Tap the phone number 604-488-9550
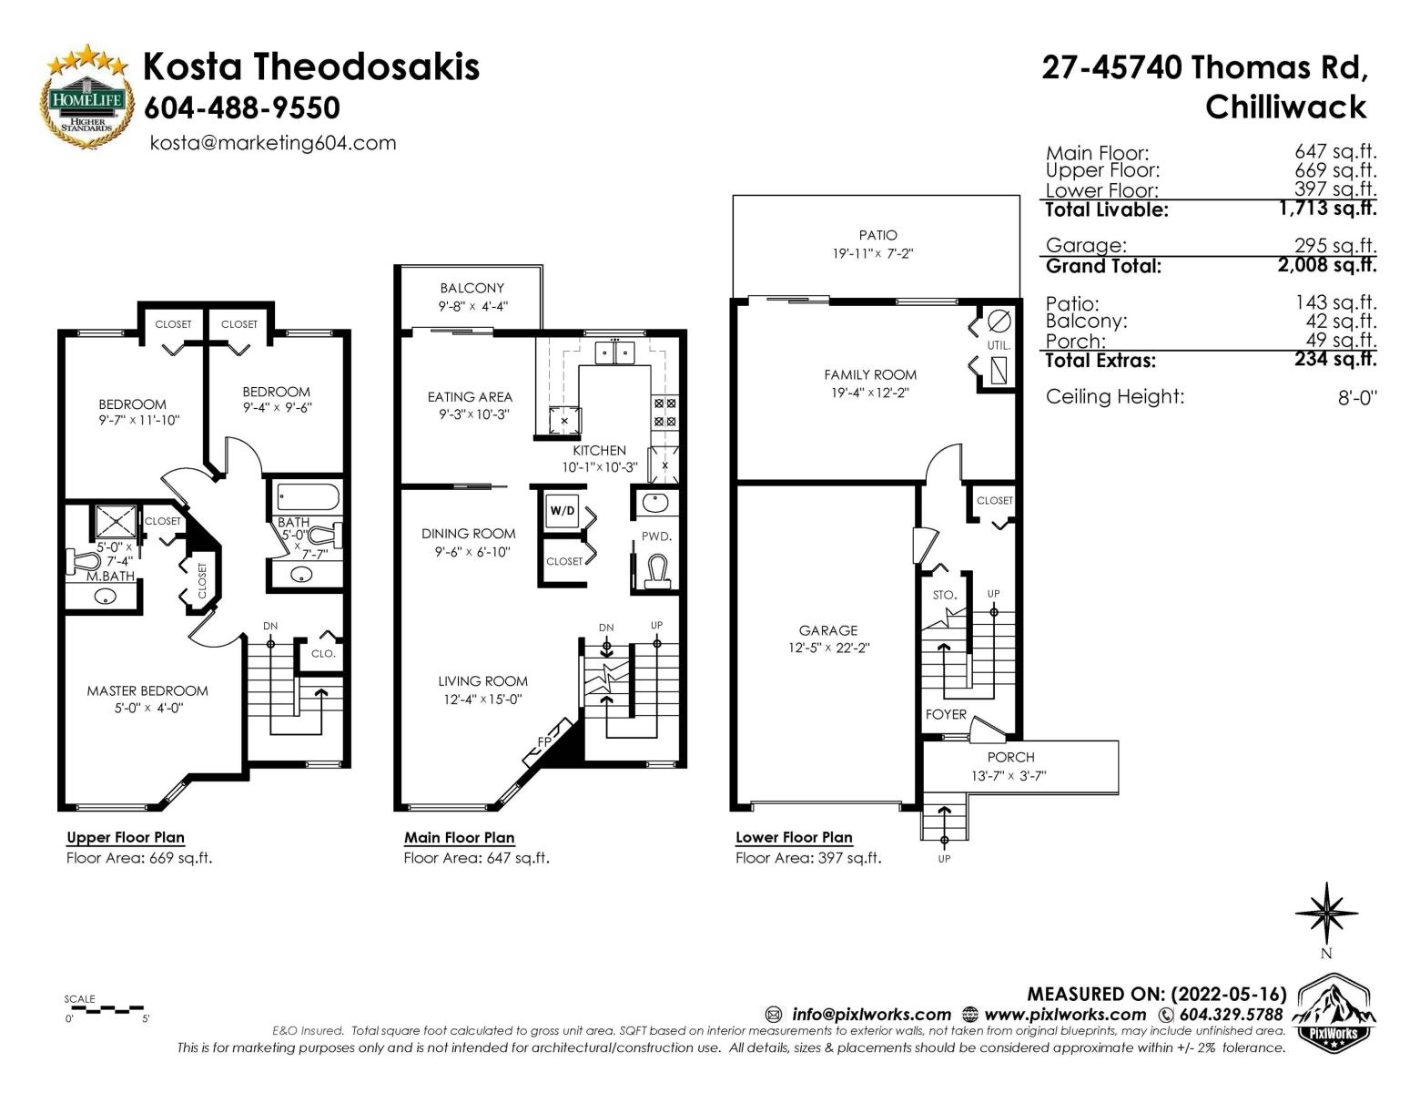[x=242, y=107]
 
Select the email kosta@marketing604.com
[x=273, y=143]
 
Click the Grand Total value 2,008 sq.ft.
[x=1326, y=265]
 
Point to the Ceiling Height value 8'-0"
[x=1356, y=397]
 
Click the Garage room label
[x=827, y=630]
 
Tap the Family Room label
[x=870, y=374]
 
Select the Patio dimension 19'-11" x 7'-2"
[x=872, y=253]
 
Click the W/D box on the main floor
[x=563, y=510]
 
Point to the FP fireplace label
[x=544, y=741]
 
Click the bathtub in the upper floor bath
[x=308, y=497]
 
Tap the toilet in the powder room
[x=656, y=570]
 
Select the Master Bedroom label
[x=147, y=691]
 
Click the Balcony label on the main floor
[x=472, y=289]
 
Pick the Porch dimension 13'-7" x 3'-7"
[x=1009, y=776]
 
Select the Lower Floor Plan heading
[x=794, y=837]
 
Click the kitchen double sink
[x=615, y=353]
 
